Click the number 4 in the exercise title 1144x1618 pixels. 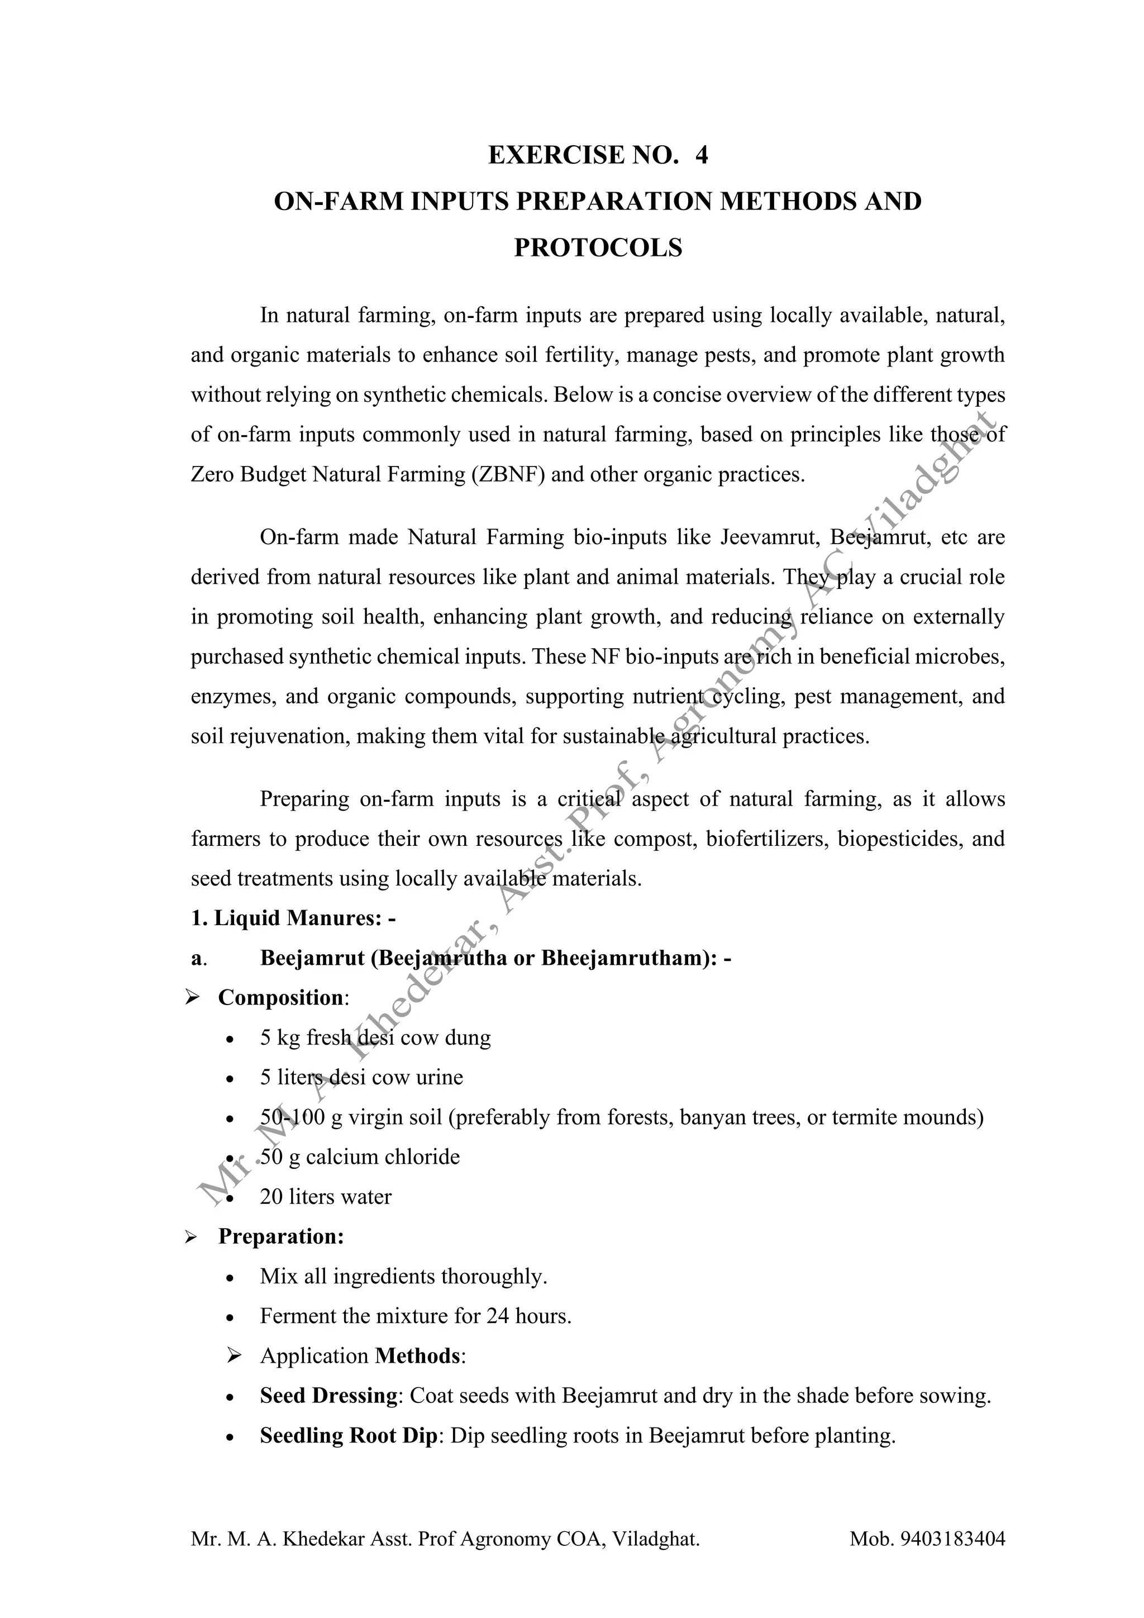[701, 155]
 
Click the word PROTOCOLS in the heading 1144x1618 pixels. [598, 248]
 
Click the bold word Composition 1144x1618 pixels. [280, 998]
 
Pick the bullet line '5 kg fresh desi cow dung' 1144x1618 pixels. [375, 1038]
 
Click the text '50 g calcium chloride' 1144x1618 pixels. [359, 1157]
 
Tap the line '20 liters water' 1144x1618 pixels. [326, 1197]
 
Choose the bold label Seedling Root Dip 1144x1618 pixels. [349, 1435]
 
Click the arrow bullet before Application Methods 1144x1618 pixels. [235, 1356]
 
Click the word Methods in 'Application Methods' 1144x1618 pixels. [418, 1356]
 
